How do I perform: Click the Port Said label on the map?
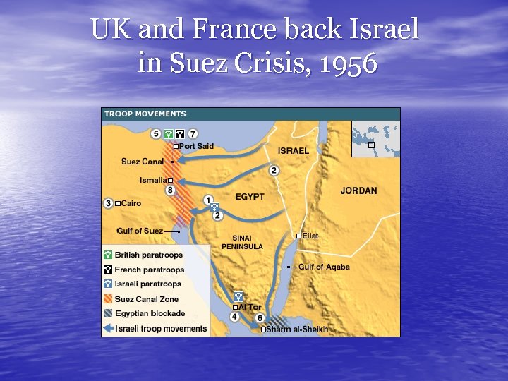pos(196,146)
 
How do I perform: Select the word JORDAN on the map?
pos(358,190)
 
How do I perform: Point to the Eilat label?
pos(310,236)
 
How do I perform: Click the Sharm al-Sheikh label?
pos(296,329)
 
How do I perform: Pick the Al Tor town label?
pos(249,307)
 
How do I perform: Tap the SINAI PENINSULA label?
pos(242,242)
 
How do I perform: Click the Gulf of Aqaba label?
pos(324,267)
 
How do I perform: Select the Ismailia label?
pos(154,181)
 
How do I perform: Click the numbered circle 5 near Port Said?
pos(155,133)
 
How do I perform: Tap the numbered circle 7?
pos(193,133)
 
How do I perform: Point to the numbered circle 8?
pos(170,190)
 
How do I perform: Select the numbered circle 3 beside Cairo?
pos(108,203)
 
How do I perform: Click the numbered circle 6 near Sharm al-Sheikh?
pos(260,318)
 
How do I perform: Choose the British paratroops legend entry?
pos(148,255)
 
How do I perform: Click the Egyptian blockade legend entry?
pos(150,313)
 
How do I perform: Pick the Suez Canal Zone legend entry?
pos(147,299)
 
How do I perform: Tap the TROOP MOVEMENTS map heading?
pos(145,114)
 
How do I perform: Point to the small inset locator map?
pos(375,138)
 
